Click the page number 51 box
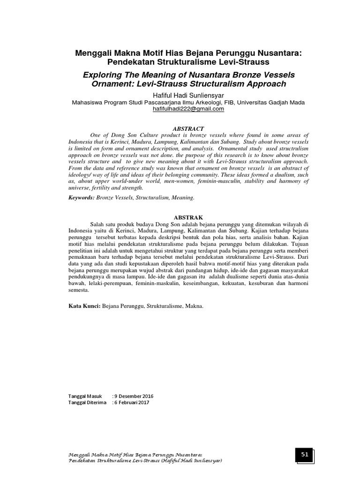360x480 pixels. tap(304, 455)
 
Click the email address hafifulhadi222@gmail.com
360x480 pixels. tap(180, 109)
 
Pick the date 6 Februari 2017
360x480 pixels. tap(133, 403)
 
